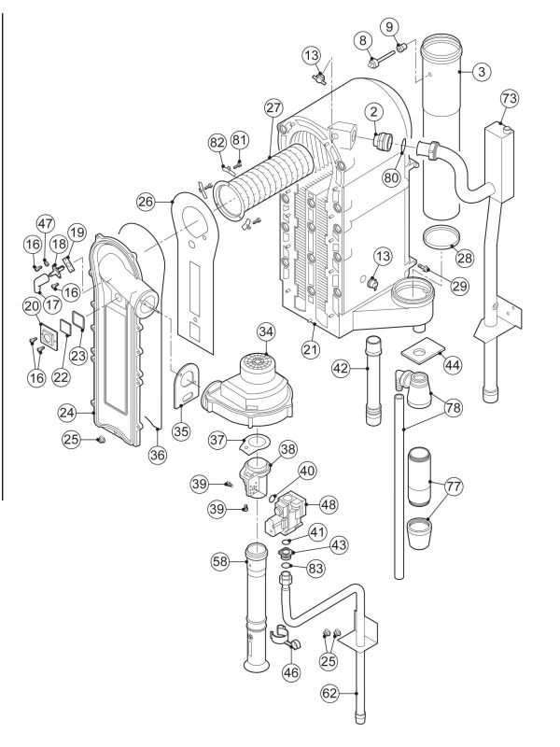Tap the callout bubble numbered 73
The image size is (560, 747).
[x=509, y=99]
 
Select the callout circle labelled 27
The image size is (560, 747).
[x=273, y=108]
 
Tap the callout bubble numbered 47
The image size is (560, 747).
[x=44, y=222]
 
